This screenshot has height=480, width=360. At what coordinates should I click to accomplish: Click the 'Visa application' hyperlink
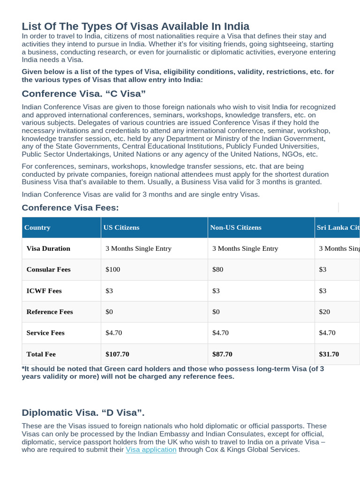151,450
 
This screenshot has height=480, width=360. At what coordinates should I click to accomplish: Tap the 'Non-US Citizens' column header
236,227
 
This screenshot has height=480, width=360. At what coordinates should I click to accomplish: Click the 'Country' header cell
37,227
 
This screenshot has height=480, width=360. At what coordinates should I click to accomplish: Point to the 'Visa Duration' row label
48,248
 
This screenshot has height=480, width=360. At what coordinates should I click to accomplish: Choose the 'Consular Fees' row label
49,270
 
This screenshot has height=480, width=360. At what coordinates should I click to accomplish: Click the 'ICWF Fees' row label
44,291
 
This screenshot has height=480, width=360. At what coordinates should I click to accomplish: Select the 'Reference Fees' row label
50,312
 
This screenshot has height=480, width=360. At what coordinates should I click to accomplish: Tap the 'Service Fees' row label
45,333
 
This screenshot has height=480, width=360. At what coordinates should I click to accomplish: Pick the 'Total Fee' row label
41,354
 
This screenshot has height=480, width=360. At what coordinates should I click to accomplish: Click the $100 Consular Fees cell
113,270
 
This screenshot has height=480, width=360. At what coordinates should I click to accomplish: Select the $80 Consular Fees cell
218,270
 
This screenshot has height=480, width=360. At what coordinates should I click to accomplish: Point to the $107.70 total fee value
117,354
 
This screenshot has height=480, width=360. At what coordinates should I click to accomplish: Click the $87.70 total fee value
222,354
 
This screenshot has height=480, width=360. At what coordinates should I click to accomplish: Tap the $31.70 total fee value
329,354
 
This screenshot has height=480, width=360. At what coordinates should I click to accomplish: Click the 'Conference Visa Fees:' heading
70,208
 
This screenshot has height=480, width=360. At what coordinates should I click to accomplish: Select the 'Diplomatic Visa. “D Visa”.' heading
83,412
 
